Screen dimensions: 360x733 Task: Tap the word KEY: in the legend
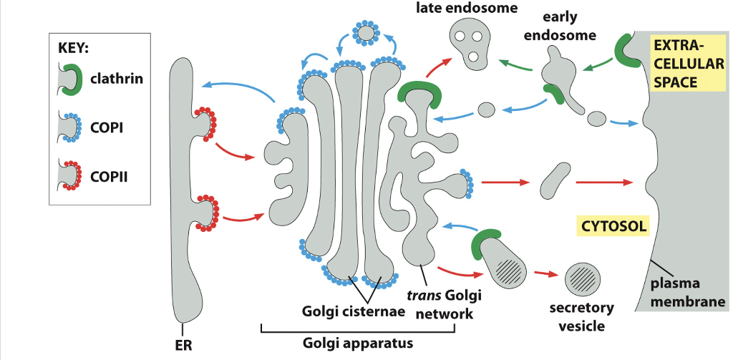point(72,50)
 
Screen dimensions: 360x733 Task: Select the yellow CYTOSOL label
point(613,227)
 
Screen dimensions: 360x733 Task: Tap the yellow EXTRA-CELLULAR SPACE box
point(686,63)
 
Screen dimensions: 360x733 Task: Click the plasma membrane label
point(688,293)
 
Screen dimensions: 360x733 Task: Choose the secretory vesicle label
point(581,317)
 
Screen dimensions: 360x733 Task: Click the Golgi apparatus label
point(357,343)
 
